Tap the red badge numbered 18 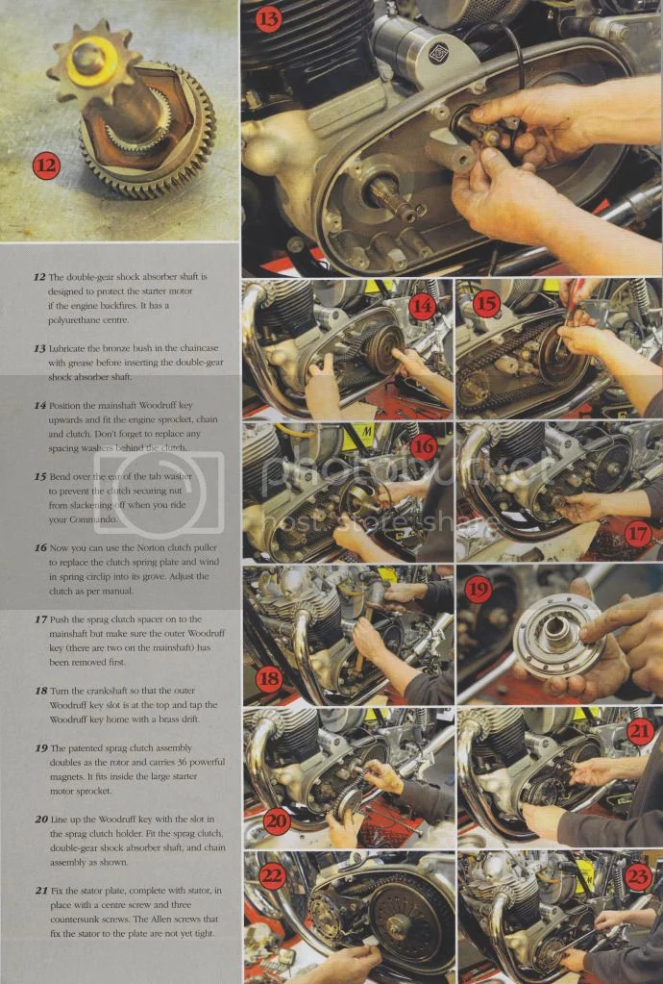(x=270, y=677)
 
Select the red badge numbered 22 (x=271, y=876)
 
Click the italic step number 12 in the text (x=39, y=277)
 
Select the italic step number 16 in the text (x=39, y=547)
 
